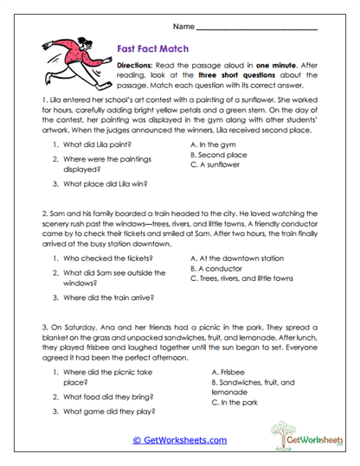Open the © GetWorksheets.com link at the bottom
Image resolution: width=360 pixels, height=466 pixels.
pos(178,439)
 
